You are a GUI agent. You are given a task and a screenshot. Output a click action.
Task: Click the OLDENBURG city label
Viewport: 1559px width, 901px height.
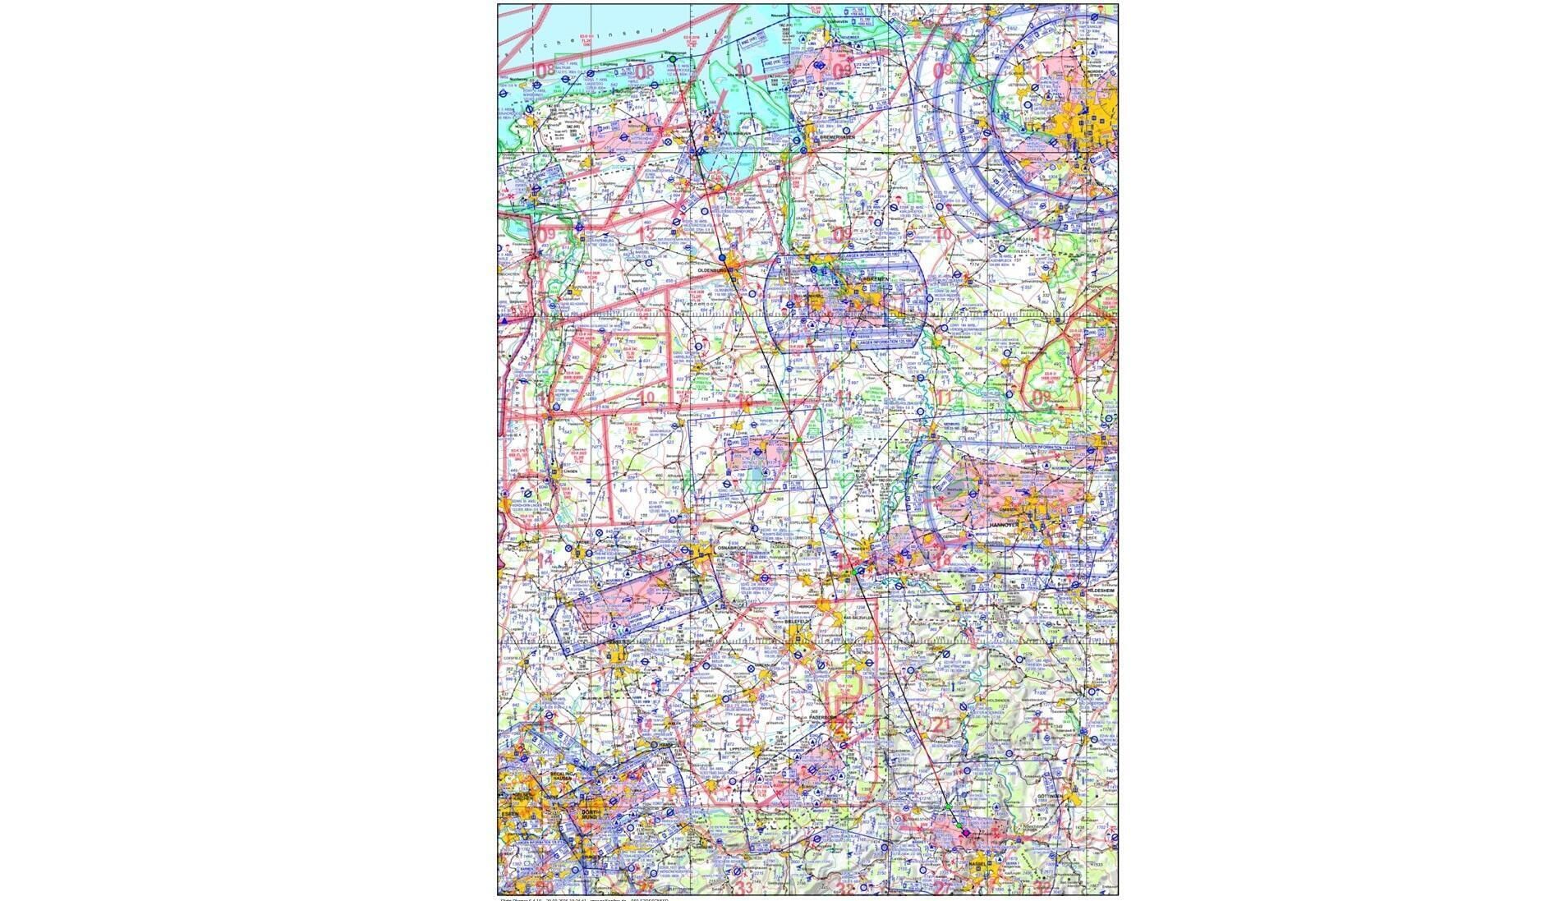(x=708, y=269)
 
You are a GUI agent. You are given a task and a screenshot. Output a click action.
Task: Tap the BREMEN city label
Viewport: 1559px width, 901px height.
(x=873, y=279)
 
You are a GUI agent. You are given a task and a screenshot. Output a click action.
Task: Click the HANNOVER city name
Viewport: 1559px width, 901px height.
(x=1003, y=524)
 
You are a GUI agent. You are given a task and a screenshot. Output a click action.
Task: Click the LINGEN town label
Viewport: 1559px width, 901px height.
(x=570, y=471)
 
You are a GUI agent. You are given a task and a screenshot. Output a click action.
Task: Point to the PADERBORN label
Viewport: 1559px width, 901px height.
(x=822, y=717)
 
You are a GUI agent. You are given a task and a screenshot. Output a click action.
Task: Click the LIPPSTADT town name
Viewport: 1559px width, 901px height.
(x=740, y=750)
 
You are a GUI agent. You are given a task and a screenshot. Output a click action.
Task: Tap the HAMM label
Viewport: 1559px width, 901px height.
(x=665, y=744)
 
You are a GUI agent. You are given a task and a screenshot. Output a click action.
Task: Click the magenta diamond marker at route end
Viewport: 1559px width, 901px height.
(x=966, y=834)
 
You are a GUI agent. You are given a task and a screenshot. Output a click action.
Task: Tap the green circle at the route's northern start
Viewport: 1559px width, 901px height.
(x=672, y=59)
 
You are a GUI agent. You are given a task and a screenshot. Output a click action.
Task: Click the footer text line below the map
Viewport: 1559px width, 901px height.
(x=583, y=899)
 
